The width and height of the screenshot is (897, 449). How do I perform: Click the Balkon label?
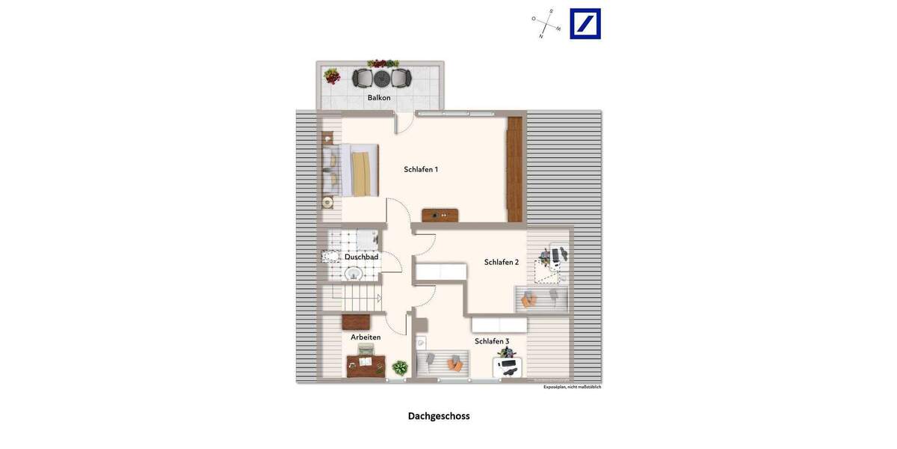379,98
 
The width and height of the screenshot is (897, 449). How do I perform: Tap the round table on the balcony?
382,77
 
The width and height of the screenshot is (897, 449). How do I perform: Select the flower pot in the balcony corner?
331,76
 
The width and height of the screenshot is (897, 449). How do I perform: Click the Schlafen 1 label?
421,170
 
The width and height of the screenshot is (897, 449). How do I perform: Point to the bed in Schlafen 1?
355,170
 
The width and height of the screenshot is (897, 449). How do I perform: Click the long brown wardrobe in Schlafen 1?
516,169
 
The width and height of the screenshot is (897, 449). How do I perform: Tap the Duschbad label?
361,257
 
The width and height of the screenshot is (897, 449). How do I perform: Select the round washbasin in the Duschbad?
355,274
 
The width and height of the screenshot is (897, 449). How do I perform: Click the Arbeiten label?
366,337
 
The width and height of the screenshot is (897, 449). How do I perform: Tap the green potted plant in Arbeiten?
401,367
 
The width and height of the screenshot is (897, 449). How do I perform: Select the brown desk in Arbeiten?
366,366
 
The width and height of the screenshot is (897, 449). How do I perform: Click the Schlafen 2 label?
502,263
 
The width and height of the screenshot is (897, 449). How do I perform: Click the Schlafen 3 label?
492,342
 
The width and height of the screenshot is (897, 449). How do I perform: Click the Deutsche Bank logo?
585,24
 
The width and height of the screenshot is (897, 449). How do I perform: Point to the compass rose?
546,24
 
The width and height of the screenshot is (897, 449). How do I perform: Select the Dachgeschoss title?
439,416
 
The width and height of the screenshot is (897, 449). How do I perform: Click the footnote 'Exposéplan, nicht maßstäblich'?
572,387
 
